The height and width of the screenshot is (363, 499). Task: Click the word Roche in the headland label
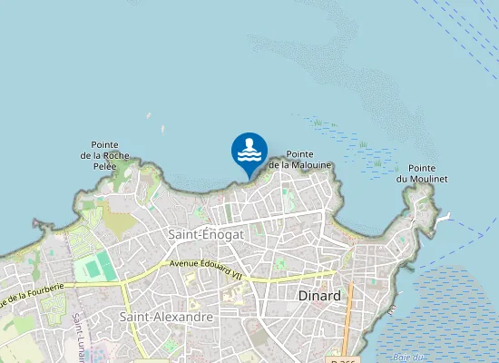(125, 155)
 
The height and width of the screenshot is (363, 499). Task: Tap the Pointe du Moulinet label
(422, 173)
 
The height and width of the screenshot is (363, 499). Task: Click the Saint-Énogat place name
(204, 234)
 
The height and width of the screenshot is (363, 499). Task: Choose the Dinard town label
(318, 296)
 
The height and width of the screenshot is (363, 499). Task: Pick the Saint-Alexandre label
(166, 317)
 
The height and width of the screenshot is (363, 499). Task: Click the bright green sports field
(94, 267)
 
